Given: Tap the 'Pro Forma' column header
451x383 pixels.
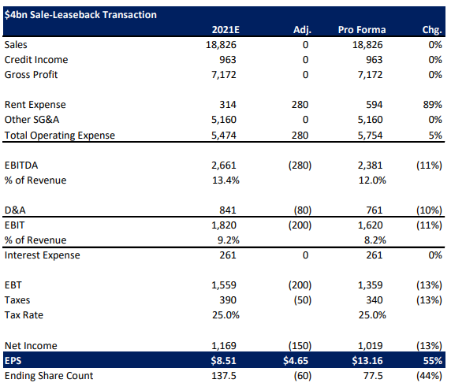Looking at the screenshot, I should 361,30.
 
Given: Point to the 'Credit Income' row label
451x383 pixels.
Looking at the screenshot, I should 36,60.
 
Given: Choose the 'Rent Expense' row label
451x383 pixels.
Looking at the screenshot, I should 35,105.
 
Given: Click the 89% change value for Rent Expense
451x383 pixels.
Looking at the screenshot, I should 432,105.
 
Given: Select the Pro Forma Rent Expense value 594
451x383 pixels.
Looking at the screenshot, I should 374,105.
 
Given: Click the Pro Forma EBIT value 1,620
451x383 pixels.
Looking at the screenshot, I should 371,225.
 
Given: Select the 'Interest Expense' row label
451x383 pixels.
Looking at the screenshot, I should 42,255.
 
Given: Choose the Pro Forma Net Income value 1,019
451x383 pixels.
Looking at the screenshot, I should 371,345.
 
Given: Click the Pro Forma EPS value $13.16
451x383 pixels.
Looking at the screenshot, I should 368,360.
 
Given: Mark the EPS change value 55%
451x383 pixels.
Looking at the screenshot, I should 432,360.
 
